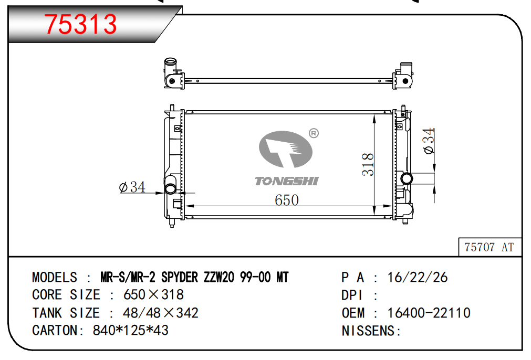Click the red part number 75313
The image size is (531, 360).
tap(80, 24)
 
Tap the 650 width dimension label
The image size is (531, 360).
tap(286, 200)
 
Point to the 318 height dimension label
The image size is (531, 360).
tap(368, 164)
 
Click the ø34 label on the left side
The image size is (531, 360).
tap(132, 187)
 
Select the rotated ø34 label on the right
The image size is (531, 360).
tap(429, 141)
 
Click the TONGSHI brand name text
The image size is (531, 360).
tap(286, 181)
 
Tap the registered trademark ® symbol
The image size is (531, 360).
tap(314, 133)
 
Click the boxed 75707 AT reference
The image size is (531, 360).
tap(489, 247)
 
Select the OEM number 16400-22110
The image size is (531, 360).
tap(429, 313)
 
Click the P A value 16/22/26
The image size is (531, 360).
tap(418, 278)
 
